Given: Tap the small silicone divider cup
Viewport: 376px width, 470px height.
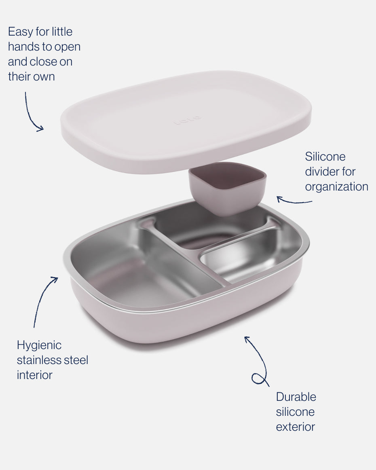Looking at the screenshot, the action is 227,188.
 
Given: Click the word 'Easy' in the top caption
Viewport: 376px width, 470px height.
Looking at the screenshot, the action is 21,32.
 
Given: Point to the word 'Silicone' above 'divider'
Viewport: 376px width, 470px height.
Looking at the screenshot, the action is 325,157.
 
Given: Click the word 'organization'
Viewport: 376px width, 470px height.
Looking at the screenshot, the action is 336,187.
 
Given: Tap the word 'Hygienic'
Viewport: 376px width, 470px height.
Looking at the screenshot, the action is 39,345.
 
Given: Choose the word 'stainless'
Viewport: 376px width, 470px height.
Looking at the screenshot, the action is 39,360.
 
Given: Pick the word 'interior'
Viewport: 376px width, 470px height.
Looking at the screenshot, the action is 34,375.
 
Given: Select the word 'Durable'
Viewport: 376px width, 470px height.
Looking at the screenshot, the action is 296,397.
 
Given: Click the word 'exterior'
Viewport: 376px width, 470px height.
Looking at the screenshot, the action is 296,427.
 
